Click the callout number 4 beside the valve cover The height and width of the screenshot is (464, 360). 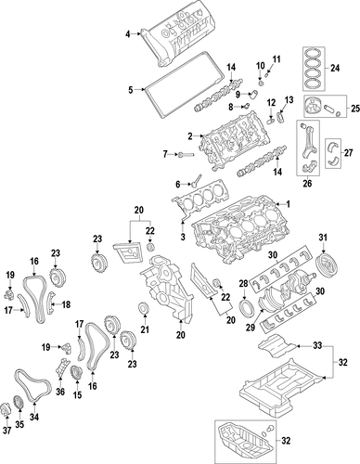point(128,34)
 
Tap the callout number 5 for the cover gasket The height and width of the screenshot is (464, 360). point(131,90)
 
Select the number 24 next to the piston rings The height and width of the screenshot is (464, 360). point(335,68)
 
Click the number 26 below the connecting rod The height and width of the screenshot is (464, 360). point(307,184)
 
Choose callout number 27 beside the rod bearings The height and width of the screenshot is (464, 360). point(348,152)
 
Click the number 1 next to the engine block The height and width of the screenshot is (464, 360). point(288,204)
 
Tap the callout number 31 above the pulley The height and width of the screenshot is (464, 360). point(323,238)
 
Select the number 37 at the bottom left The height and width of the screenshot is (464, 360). point(6,431)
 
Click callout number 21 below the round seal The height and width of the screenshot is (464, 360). point(145,329)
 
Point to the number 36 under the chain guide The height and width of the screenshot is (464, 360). point(60,392)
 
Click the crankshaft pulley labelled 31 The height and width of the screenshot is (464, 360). point(327,266)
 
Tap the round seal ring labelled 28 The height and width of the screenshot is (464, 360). point(247,309)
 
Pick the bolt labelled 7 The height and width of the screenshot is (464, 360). point(186,154)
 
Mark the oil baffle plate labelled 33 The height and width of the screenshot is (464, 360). point(276,344)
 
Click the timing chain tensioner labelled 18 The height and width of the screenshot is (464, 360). point(51,303)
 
